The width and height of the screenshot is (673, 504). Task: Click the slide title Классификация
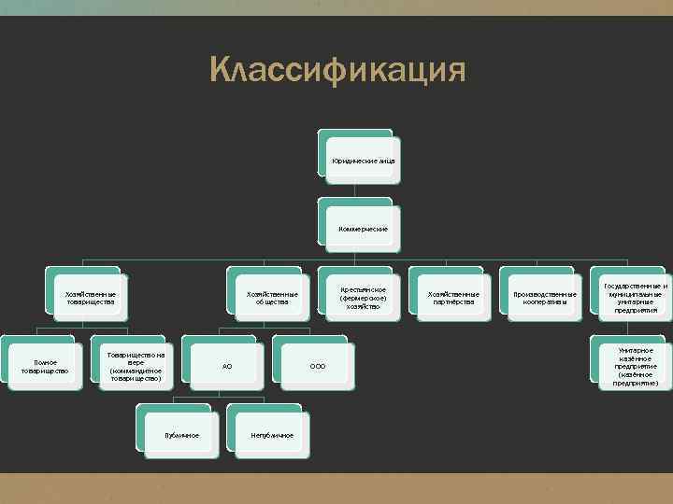click(x=337, y=69)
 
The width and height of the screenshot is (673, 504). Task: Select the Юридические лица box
click(x=363, y=161)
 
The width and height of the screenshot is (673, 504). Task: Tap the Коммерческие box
click(x=363, y=229)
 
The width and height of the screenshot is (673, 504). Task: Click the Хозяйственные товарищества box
click(x=91, y=298)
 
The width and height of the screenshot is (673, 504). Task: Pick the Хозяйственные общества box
click(x=272, y=298)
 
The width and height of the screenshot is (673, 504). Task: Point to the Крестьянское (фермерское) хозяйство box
click(x=363, y=298)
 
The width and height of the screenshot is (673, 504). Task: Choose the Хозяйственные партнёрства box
click(x=453, y=298)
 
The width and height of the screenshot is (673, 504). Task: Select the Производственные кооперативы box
click(x=543, y=298)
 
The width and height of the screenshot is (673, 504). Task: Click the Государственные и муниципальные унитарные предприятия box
click(x=634, y=298)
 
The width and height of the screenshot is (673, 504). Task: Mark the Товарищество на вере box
click(x=136, y=366)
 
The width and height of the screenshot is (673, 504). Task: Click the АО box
click(x=227, y=366)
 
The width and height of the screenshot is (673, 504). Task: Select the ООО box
click(x=317, y=366)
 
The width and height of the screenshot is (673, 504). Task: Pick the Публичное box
click(x=181, y=435)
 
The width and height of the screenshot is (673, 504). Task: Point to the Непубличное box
click(x=272, y=435)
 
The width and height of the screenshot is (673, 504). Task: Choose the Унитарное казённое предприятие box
click(x=634, y=366)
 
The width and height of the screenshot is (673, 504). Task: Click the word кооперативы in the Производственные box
click(x=543, y=302)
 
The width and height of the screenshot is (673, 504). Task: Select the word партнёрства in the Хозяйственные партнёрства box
click(x=453, y=302)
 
